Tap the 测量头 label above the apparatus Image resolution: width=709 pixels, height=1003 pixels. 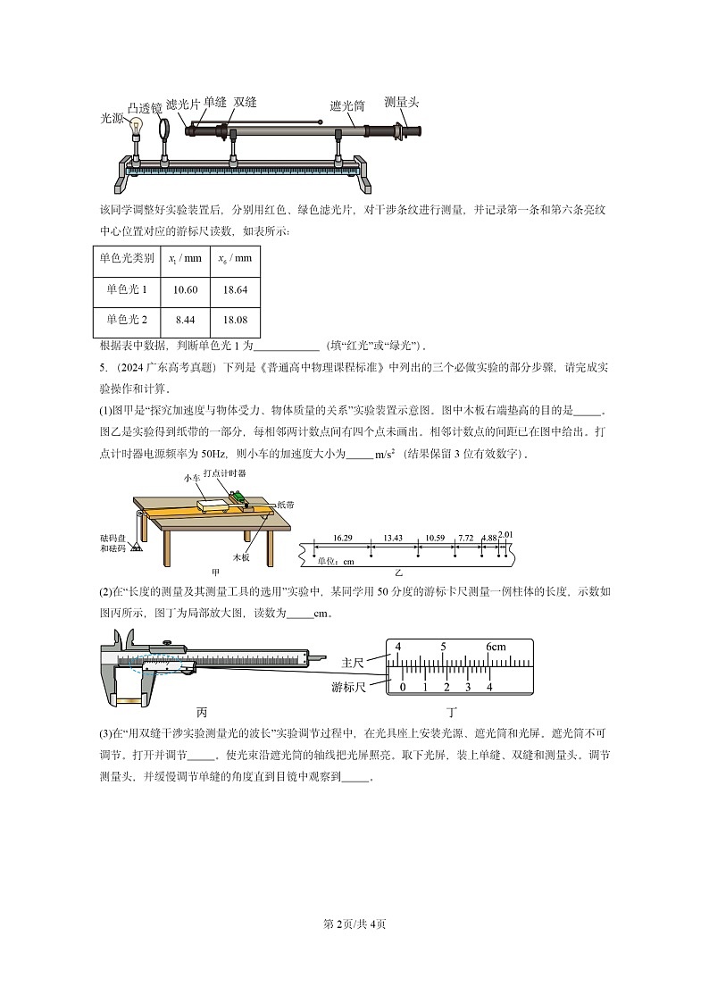click(x=401, y=102)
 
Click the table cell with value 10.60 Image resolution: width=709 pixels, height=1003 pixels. click(x=185, y=289)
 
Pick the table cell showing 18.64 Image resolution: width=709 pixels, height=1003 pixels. click(x=235, y=289)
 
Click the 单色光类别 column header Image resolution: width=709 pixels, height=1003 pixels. click(x=126, y=258)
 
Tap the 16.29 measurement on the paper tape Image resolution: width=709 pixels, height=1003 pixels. click(x=342, y=538)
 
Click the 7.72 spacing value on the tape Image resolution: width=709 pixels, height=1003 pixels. click(x=465, y=538)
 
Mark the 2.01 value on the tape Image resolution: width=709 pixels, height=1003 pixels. click(x=505, y=534)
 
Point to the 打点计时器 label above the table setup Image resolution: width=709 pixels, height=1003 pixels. click(x=224, y=472)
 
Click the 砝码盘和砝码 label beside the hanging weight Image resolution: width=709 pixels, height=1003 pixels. click(x=114, y=542)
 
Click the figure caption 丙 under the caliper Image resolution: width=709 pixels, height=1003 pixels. click(x=202, y=713)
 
